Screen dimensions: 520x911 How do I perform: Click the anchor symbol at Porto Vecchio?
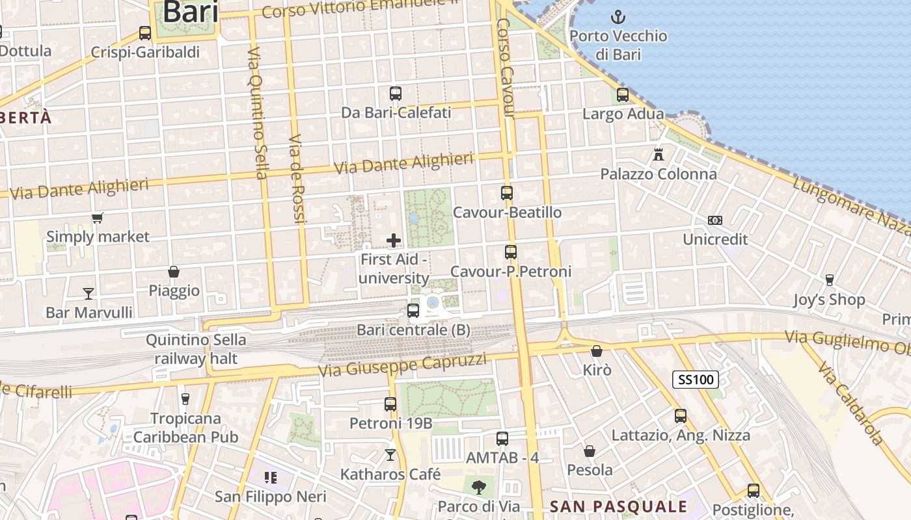click(618, 17)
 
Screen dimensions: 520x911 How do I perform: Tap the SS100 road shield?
click(695, 380)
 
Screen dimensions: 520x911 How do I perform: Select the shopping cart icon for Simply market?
click(98, 218)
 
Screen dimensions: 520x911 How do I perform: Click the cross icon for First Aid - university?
click(394, 241)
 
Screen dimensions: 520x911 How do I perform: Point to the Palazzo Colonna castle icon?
click(659, 155)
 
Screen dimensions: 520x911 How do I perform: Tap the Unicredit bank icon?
click(715, 220)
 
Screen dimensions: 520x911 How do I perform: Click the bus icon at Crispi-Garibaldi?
click(145, 33)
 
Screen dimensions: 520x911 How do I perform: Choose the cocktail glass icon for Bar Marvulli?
click(88, 293)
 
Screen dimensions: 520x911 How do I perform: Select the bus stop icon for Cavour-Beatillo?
click(507, 193)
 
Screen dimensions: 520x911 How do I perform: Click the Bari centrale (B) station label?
click(413, 330)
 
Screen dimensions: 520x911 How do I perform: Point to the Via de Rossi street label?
click(297, 179)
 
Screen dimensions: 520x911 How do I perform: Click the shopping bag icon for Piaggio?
click(174, 271)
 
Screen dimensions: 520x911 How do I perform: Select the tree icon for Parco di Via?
click(479, 487)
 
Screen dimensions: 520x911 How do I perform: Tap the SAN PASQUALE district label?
click(618, 506)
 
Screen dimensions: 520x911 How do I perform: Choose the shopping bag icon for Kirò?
click(596, 351)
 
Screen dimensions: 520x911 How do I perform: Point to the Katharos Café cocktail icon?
click(390, 455)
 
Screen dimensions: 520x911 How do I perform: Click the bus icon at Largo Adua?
click(623, 95)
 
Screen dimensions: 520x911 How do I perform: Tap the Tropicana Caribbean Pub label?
click(185, 428)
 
